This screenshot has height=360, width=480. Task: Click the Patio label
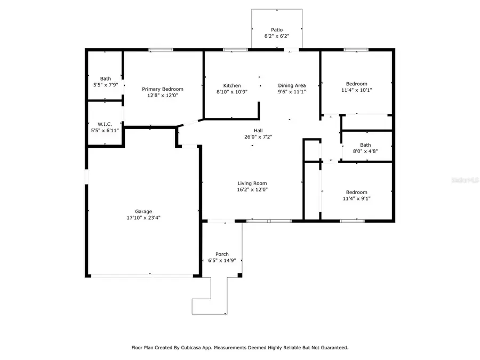[x=277, y=30]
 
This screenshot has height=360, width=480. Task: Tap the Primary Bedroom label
[x=162, y=89]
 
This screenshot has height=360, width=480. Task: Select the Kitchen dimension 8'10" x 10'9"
[x=232, y=92]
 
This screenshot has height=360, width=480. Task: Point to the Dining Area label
[x=292, y=85]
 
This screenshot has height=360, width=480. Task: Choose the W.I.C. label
[x=105, y=124]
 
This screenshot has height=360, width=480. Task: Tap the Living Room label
[x=252, y=183]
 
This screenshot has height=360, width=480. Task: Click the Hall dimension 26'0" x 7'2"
[x=258, y=137]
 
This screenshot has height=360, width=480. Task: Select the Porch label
[x=222, y=254]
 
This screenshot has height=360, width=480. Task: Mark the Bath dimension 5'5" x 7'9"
[x=106, y=85]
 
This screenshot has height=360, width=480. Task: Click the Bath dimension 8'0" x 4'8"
[x=365, y=151]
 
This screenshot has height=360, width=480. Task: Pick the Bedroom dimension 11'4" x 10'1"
[x=356, y=90]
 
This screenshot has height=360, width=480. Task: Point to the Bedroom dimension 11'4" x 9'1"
[x=356, y=199]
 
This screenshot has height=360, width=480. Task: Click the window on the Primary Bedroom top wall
[x=161, y=50]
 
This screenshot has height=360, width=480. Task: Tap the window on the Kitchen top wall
[x=235, y=50]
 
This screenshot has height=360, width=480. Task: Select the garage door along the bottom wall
[x=143, y=275]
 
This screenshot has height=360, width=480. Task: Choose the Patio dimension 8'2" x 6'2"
[x=277, y=37]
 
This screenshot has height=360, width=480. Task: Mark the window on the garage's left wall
[x=87, y=177]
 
